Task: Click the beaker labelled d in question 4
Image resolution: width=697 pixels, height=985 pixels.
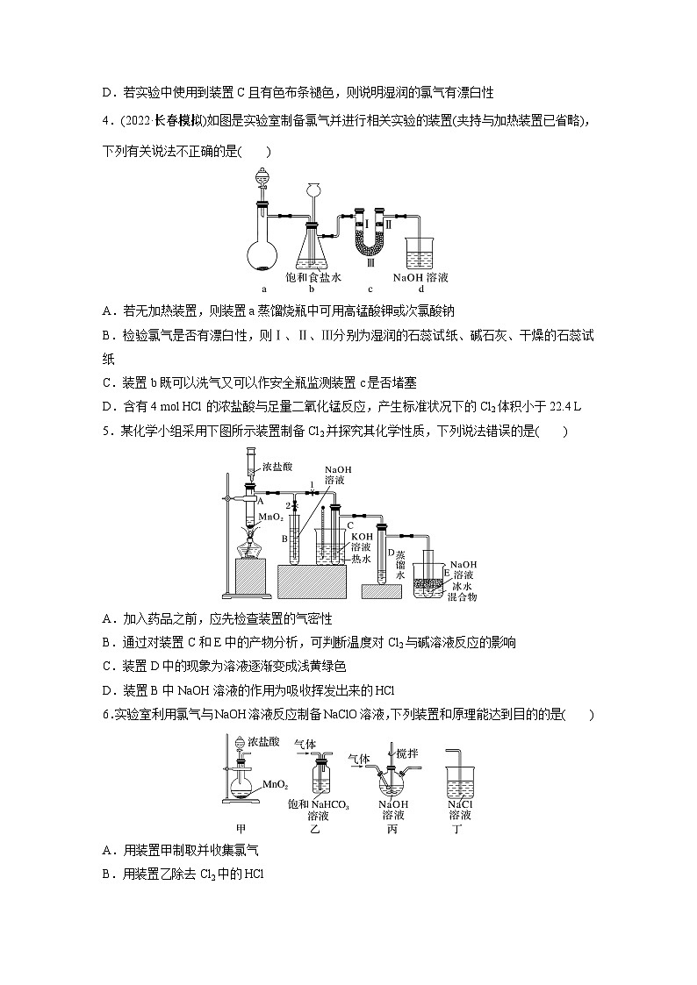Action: point(420,253)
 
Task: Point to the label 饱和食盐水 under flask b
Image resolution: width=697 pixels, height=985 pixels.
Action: point(313,277)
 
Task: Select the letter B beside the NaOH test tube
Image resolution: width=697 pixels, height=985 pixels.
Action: point(285,539)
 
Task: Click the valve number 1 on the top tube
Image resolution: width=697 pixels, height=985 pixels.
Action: point(310,485)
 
